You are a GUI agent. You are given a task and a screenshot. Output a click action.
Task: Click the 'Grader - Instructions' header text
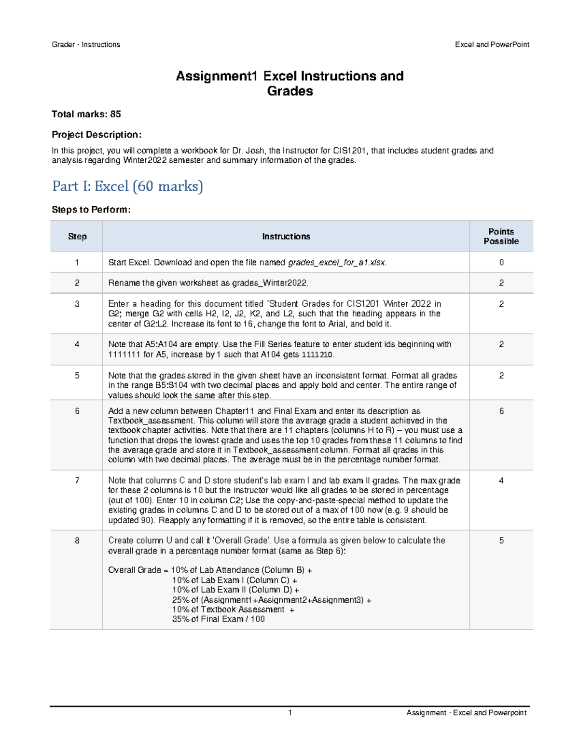coord(86,44)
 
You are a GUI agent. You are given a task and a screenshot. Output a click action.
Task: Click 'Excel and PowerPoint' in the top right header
coord(492,44)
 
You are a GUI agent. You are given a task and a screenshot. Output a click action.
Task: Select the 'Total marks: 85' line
coord(86,114)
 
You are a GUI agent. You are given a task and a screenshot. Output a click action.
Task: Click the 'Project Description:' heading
coord(96,135)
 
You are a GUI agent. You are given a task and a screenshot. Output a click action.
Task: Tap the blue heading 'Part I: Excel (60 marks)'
coord(127,186)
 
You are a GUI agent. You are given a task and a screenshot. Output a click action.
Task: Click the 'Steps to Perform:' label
coord(91,210)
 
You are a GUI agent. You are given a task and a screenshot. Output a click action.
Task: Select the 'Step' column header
coord(77,237)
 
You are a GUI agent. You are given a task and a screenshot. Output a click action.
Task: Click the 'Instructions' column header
coord(286,237)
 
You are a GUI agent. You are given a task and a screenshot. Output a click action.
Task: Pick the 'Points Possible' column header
coord(501,237)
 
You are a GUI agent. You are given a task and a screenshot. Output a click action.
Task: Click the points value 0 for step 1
coord(501,263)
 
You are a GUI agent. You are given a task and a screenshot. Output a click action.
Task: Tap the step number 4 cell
coord(77,345)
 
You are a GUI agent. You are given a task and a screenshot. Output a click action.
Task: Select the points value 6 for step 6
coord(501,411)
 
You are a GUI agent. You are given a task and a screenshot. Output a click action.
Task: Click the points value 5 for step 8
coord(501,541)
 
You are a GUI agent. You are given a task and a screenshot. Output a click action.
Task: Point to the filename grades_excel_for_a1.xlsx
coord(336,263)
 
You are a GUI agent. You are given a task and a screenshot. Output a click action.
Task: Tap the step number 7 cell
coord(77,481)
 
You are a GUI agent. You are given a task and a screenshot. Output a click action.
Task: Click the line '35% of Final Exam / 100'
coord(218,619)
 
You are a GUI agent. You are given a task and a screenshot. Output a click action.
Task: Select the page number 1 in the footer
coord(290,713)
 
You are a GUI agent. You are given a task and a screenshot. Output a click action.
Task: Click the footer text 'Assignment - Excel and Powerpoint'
coord(466,713)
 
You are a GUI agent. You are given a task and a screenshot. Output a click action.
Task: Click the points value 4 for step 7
coord(501,481)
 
